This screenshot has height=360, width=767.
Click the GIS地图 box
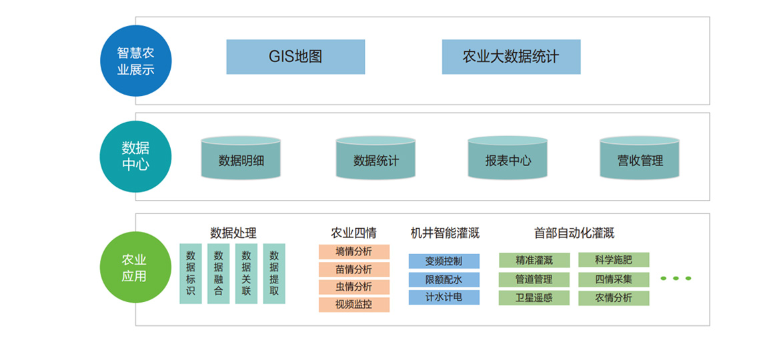295,57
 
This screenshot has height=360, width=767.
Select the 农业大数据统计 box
511,57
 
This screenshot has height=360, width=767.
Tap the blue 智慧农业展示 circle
136,61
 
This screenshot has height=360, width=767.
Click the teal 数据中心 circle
135,156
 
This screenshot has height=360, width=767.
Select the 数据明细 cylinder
241,159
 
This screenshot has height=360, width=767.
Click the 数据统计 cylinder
375,159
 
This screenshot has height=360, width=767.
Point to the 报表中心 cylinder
508,159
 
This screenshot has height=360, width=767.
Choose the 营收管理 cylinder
640,159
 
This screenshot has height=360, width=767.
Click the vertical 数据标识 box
191,273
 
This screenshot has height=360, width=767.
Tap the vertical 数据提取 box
274,273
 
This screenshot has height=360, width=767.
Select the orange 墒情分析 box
353,252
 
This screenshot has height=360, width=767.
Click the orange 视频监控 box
353,305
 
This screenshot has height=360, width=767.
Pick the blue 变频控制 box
444,261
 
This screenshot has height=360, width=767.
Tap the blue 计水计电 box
444,297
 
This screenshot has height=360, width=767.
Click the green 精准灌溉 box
534,260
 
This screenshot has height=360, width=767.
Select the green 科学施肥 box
614,260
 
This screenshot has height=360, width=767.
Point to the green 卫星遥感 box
534,298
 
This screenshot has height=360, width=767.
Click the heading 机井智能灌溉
445,233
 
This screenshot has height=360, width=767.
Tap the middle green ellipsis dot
676,279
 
